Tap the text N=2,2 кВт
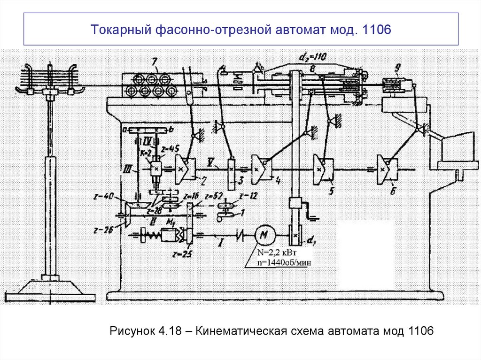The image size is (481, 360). (274, 253)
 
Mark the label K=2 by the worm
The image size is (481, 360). (146, 153)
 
